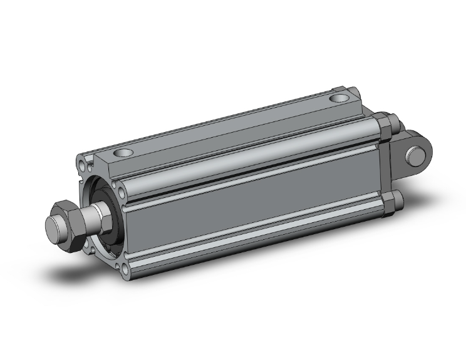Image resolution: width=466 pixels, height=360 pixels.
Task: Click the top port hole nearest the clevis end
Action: (340, 98)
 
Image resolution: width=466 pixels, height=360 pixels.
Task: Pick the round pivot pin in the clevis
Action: (415, 153)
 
